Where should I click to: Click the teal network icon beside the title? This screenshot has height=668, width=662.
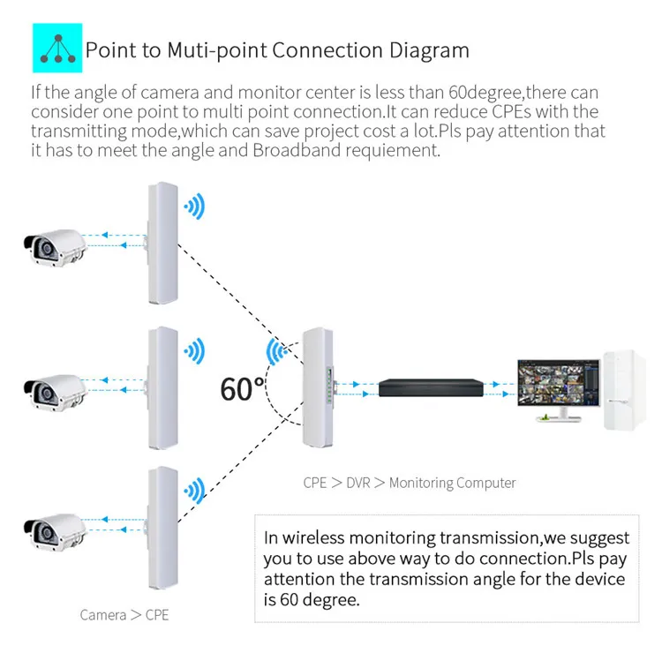(x=57, y=49)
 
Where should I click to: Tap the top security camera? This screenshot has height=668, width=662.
(x=53, y=243)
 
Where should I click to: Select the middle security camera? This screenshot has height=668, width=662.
(x=53, y=386)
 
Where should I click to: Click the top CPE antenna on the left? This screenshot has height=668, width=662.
(x=162, y=243)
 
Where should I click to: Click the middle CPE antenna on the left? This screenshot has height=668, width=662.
(x=162, y=387)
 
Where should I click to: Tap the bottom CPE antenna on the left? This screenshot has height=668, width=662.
(x=162, y=528)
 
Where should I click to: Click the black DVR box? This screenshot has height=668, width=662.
(x=432, y=387)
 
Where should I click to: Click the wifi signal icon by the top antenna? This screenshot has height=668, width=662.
(x=194, y=208)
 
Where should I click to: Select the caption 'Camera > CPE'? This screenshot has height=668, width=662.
(x=124, y=614)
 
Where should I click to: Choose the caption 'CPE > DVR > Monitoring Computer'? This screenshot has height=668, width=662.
(x=409, y=483)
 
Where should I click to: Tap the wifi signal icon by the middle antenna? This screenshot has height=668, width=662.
(x=194, y=350)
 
